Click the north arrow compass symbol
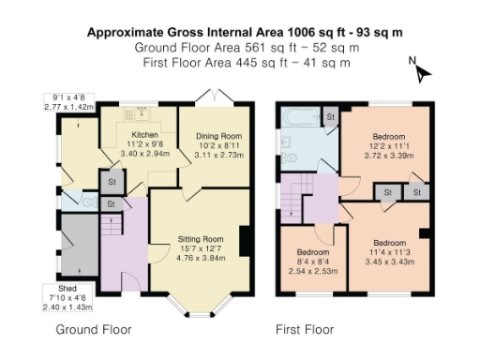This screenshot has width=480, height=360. [419, 70]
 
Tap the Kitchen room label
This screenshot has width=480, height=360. [143, 135]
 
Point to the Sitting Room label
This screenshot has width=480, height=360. [198, 239]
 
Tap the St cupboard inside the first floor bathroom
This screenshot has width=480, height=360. [330, 116]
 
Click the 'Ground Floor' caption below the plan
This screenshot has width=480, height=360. [94, 330]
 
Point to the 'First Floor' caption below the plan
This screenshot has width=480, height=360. [304, 330]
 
